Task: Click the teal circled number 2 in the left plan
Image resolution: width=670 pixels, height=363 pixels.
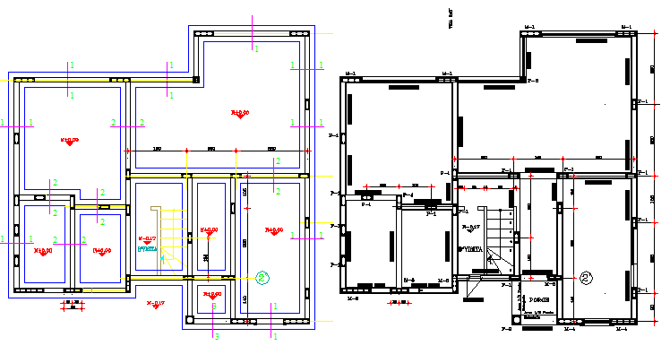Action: coord(262,277)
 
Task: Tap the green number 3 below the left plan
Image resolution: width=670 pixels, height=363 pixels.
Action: coord(214,336)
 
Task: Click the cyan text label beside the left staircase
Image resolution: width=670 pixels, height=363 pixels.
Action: coord(148,249)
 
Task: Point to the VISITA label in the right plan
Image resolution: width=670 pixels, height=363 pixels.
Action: coord(471,248)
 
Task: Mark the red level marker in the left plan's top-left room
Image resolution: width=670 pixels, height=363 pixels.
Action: coord(69,140)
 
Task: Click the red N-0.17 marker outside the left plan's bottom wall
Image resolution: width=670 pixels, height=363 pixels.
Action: coord(155,303)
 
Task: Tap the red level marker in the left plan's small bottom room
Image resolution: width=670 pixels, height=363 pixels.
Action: coord(211,294)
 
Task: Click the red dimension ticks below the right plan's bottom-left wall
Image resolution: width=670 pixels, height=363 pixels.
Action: coord(394,302)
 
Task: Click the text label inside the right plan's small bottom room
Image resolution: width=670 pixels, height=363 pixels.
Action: coord(537,298)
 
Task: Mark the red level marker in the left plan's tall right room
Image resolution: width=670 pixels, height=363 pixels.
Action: coord(273,231)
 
